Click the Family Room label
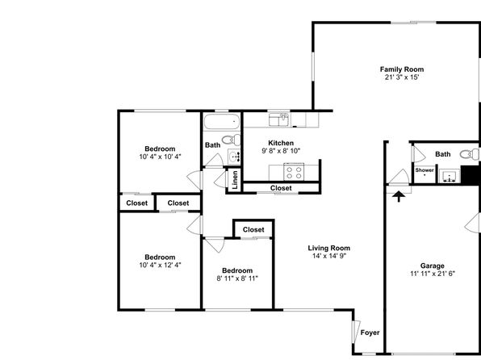pos(402,69)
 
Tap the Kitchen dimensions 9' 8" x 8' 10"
pos(281,151)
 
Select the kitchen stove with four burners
pos(294,172)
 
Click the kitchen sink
pos(279,119)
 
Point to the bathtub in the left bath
pos(221,122)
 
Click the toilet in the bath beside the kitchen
pos(232,140)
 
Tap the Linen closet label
pos(235,180)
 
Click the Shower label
pos(425,170)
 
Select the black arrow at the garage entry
pos(399,196)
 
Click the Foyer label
pos(370,333)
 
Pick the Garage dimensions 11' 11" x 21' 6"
pos(433,274)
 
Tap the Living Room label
pos(328,248)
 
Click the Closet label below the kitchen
pos(281,188)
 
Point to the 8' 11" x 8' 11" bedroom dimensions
pos(237,278)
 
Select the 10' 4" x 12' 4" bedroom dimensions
pos(160,266)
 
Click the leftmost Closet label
pos(137,203)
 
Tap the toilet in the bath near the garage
pos(470,154)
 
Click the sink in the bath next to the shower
pos(450,176)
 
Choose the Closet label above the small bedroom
pos(253,229)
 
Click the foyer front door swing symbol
pos(356,332)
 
